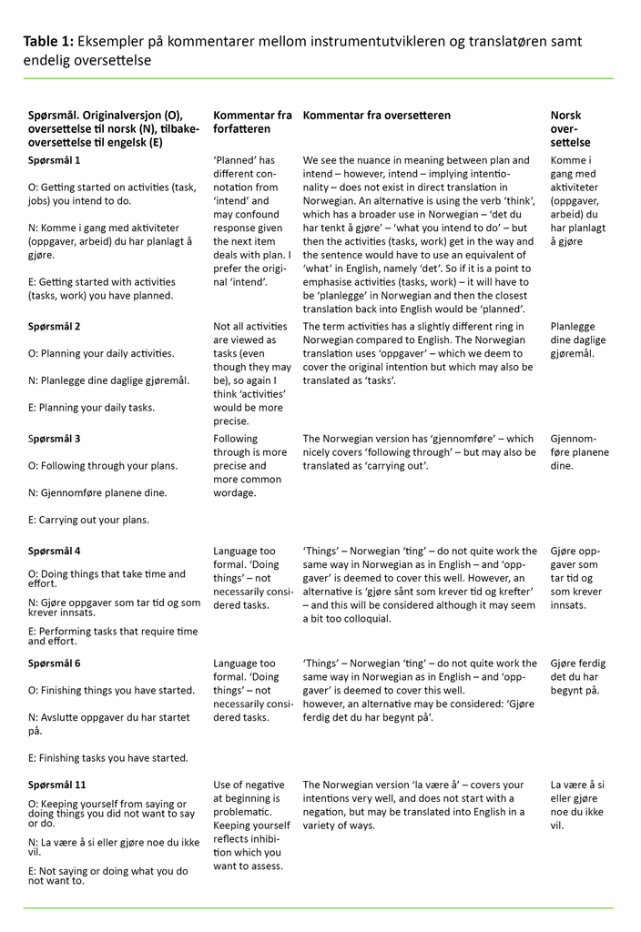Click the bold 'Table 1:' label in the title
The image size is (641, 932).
point(48,42)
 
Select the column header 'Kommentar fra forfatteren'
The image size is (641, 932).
point(252,122)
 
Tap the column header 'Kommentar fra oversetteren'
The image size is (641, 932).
point(376,116)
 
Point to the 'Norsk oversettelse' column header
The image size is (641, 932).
point(570,128)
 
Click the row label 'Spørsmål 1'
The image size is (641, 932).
point(54,160)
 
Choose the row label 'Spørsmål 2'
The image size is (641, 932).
point(54,326)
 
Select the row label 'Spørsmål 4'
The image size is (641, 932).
point(54,551)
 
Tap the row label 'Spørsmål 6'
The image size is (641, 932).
point(54,664)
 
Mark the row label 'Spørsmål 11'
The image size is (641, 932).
point(57,785)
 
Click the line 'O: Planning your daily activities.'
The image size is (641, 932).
point(101,353)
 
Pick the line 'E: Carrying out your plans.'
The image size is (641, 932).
point(88,521)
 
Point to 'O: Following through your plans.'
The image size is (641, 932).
point(102,466)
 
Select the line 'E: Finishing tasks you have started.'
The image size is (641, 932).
point(108,758)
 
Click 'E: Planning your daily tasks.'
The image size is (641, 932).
point(91,408)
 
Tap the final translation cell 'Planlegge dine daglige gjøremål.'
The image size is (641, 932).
point(578,339)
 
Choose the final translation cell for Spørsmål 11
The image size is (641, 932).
point(577,805)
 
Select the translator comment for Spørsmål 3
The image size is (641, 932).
point(419,452)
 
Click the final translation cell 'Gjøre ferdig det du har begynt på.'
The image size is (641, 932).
point(577,677)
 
